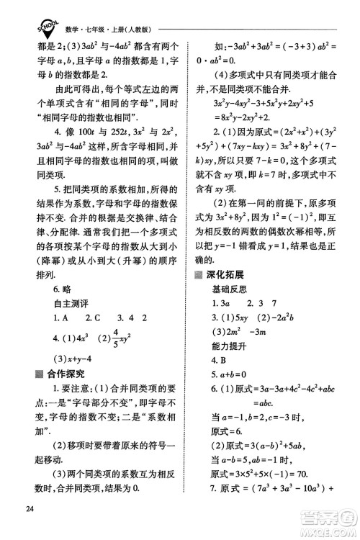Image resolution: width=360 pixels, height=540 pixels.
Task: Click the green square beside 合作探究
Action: (39, 373)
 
